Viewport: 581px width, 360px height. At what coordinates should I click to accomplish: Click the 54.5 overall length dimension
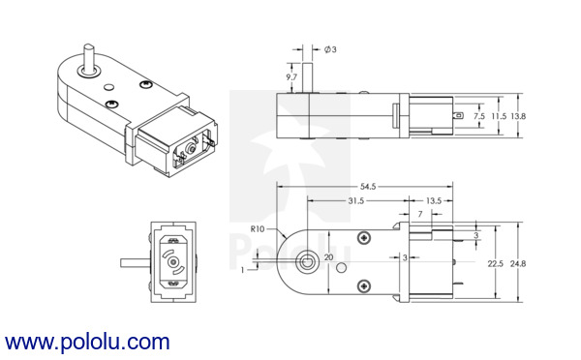(x=368, y=187)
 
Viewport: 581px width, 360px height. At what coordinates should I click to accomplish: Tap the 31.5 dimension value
(x=355, y=200)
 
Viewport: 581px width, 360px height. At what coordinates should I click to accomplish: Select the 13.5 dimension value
(x=434, y=200)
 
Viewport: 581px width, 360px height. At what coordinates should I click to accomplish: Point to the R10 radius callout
(x=258, y=229)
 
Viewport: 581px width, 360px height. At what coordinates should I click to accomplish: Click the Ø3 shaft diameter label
(x=330, y=49)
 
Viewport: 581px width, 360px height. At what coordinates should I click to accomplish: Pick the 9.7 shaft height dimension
(x=291, y=77)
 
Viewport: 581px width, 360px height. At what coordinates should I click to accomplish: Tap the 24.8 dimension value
(x=518, y=263)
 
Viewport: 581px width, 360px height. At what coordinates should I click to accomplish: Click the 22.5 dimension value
(x=496, y=263)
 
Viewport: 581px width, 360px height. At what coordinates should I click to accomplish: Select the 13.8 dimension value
(x=518, y=116)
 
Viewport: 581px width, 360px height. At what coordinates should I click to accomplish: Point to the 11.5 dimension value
(x=499, y=116)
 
